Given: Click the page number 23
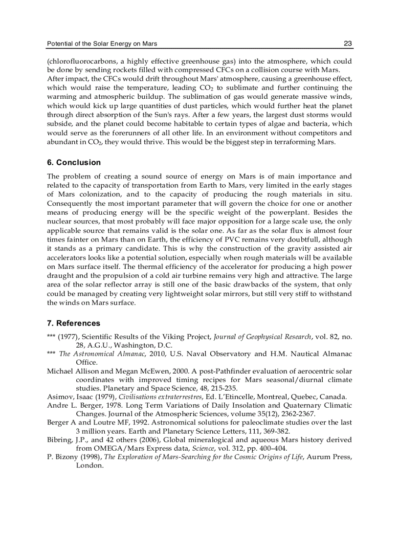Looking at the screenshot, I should click(348, 44).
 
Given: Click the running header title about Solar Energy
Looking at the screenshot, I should click(102, 44).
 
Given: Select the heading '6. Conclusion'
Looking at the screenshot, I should click(74, 162).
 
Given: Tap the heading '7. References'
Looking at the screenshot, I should click(74, 323).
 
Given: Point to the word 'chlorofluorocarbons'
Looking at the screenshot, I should click(79, 62).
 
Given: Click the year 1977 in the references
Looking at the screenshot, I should click(66, 336).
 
